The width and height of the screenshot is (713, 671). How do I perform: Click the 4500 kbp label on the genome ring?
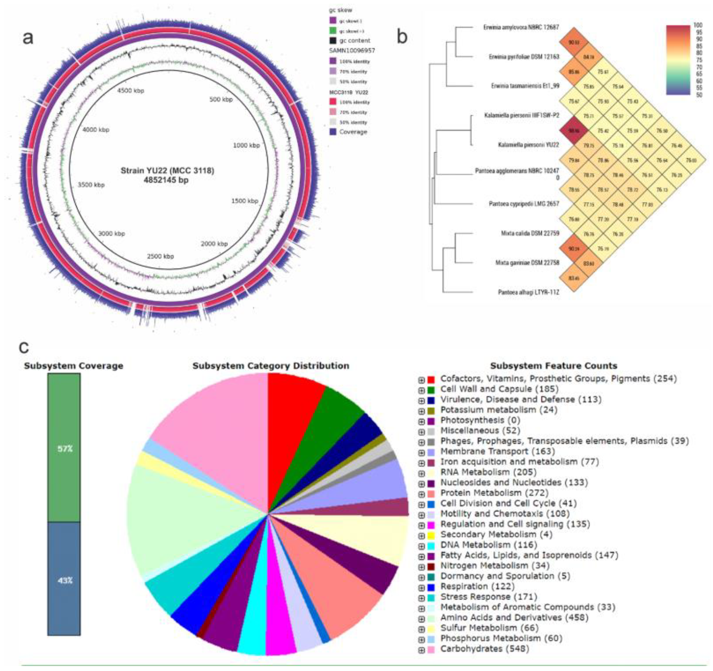pyautogui.click(x=130, y=91)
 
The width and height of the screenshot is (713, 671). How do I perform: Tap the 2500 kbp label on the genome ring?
pyautogui.click(x=160, y=256)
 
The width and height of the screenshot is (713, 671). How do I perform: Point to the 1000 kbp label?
pyautogui.click(x=246, y=145)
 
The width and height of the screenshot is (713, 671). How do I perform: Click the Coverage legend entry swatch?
pyautogui.click(x=332, y=132)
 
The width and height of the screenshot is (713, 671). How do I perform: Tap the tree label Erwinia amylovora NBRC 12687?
pyautogui.click(x=521, y=27)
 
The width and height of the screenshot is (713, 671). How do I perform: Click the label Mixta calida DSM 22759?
pyautogui.click(x=530, y=233)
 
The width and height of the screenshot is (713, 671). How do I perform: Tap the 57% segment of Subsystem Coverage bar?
pyautogui.click(x=64, y=448)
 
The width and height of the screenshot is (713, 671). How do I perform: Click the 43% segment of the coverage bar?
pyautogui.click(x=64, y=581)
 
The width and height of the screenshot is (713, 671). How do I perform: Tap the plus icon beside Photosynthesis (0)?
pyautogui.click(x=421, y=421)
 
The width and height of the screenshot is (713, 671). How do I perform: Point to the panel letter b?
pyautogui.click(x=402, y=37)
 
